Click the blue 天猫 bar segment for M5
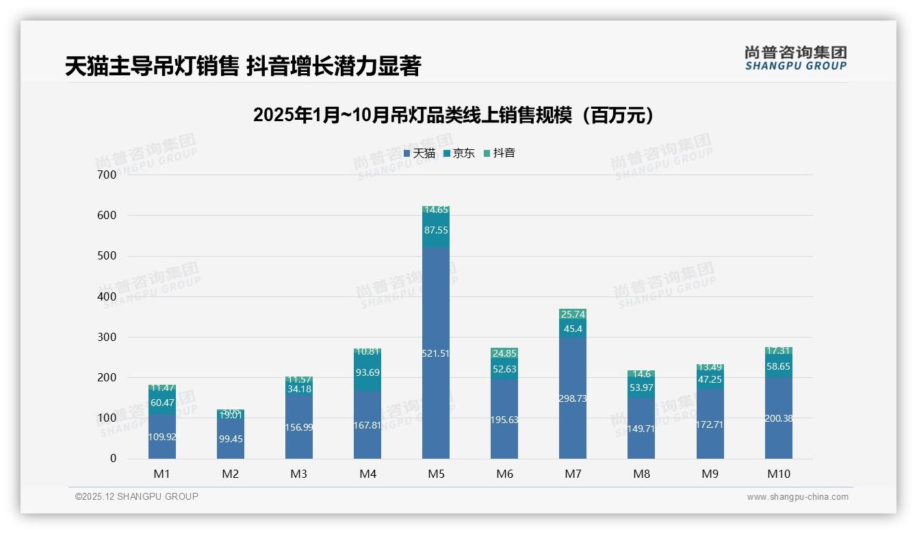[x=436, y=353]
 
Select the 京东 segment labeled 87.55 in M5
[x=436, y=230]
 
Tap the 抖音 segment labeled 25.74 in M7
[x=573, y=314]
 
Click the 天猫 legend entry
[x=419, y=153]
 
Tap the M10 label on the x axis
[x=778, y=474]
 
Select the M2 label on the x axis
[x=231, y=474]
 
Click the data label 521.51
[x=436, y=353]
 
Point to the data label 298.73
[x=573, y=398]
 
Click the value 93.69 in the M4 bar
[x=367, y=372]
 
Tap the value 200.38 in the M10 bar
[x=778, y=418]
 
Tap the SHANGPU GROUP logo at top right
[x=795, y=58]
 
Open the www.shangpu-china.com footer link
[x=797, y=497]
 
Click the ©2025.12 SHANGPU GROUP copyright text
[x=137, y=496]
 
